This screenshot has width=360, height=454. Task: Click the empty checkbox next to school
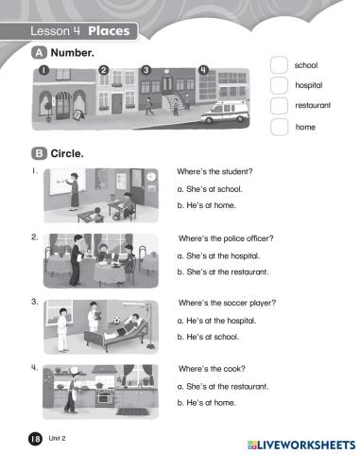coord(279,65)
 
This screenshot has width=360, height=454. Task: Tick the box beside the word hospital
coord(279,85)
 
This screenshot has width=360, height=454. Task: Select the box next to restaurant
coord(279,106)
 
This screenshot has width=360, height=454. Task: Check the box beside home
coord(279,127)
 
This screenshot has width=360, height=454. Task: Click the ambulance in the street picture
coord(225,112)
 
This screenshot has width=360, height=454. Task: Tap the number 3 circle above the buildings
coord(146,70)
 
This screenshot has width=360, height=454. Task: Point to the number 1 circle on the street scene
coord(43,70)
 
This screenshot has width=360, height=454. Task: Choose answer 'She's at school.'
coord(210,189)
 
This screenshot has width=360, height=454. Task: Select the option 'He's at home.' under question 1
coord(206,205)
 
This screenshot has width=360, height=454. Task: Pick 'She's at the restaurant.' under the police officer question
coord(223,271)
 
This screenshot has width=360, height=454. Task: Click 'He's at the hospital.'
coord(216,321)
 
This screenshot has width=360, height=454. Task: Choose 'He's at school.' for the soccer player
coord(208,337)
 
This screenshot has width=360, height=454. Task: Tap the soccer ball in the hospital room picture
coord(116,321)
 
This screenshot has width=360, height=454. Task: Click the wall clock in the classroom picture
coord(151,176)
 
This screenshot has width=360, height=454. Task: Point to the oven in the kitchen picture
coord(102,399)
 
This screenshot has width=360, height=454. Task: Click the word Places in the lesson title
coord(109,31)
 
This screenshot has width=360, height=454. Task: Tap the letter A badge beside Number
coord(39,53)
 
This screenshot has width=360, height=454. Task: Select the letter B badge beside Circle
coord(39,153)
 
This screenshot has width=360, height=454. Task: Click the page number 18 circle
coord(35,439)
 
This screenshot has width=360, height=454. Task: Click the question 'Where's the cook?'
coord(212,369)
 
